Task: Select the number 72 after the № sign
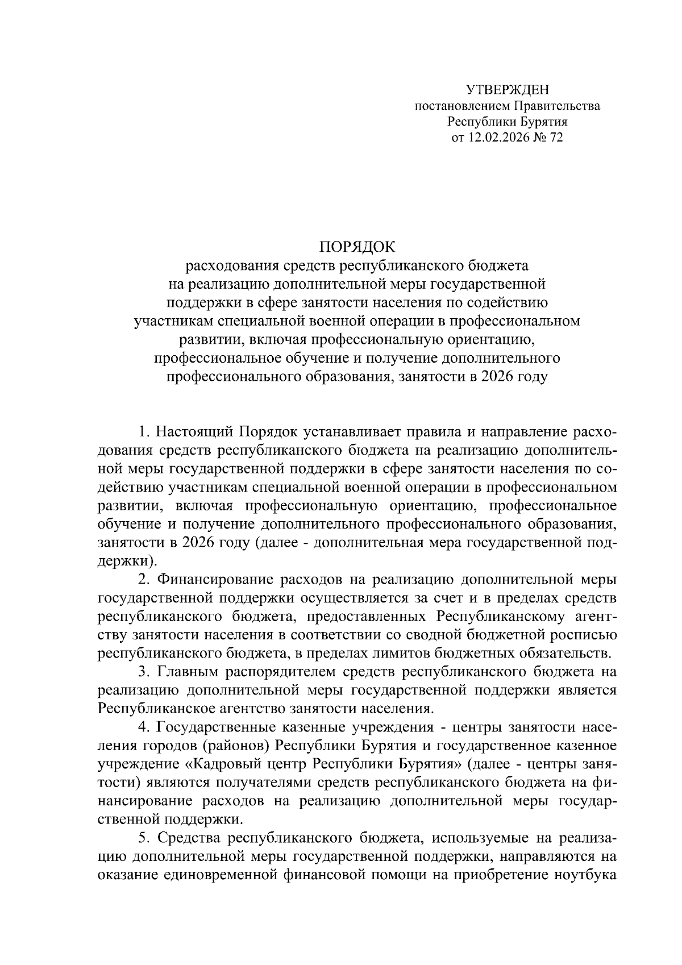[x=555, y=138]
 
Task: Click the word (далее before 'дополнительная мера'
[x=275, y=542]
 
